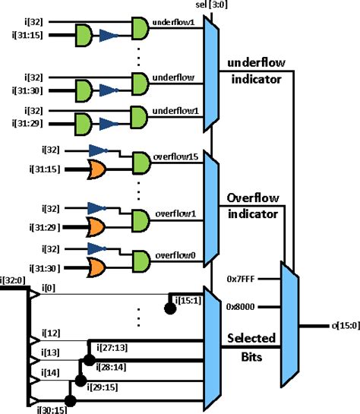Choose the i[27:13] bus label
tap(112, 348)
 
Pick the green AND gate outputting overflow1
tap(141, 219)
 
